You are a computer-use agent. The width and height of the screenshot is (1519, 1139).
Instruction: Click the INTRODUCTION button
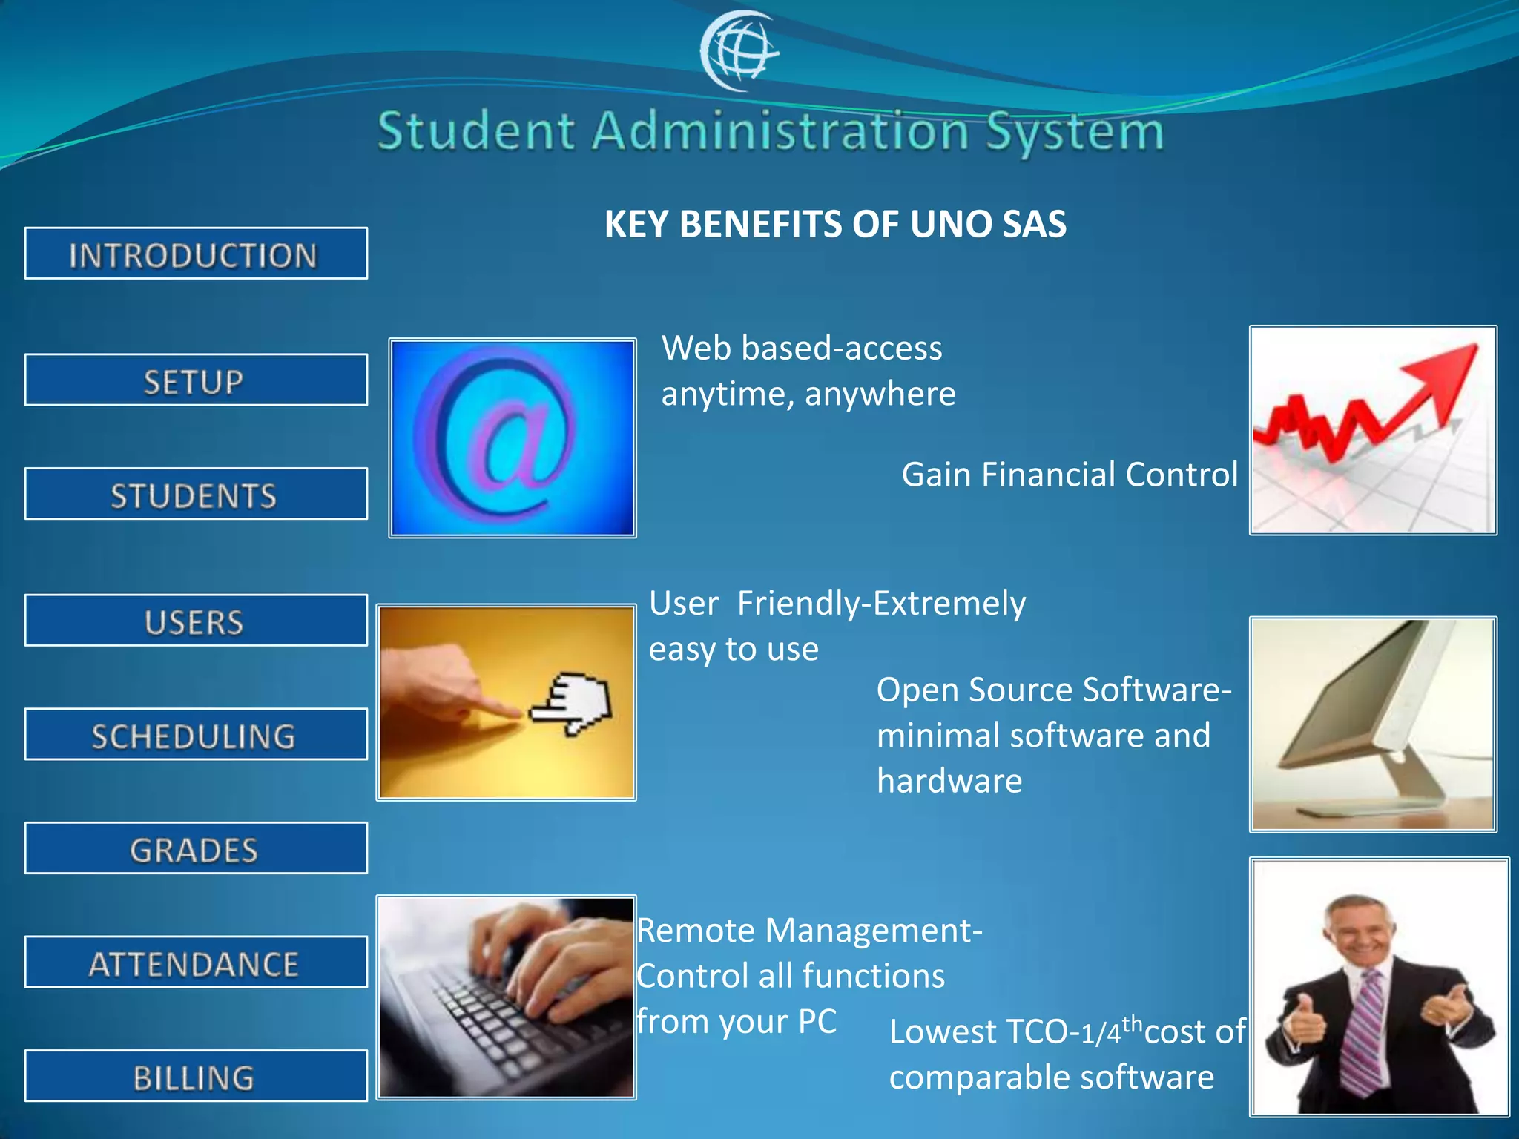tap(196, 254)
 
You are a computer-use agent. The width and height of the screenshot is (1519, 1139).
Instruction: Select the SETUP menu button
tap(196, 380)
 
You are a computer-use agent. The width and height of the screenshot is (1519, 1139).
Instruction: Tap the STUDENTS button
tap(196, 494)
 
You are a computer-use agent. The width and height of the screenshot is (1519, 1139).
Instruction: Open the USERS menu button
tap(196, 621)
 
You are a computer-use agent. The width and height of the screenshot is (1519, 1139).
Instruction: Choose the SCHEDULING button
tap(196, 735)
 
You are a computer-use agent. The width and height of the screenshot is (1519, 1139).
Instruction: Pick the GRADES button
tap(196, 848)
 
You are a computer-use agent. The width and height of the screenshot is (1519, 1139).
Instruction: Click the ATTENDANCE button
tap(196, 963)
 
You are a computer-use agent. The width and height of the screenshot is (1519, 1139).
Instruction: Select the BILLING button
tap(196, 1076)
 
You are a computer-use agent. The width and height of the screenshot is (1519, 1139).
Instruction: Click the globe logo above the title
tap(739, 50)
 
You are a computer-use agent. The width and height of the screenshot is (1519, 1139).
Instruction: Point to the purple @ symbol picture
tap(512, 438)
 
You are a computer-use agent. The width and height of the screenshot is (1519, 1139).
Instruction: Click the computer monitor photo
tap(1373, 724)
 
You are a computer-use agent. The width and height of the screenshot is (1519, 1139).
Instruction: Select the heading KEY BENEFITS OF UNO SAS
tap(835, 224)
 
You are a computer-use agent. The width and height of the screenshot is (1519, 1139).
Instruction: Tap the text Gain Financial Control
tap(1070, 475)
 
